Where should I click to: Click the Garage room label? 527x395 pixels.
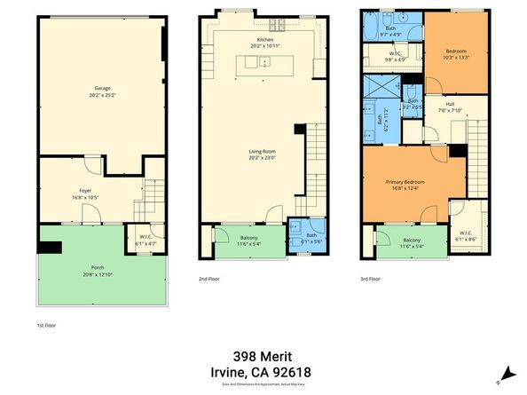tap(103, 88)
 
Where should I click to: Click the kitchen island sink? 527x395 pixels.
tap(263, 62)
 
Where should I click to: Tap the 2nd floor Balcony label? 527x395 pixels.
tap(250, 237)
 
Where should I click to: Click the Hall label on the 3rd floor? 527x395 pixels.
tap(440, 104)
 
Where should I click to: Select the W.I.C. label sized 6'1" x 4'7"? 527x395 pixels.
tap(146, 240)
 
